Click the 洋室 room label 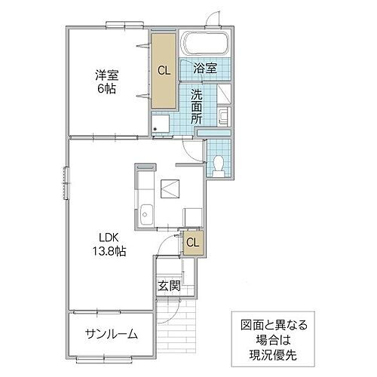tap(106, 75)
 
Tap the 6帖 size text tap(106, 88)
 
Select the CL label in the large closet tap(163, 70)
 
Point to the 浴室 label tap(205, 69)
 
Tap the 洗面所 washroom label tap(196, 108)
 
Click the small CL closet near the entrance tap(192, 243)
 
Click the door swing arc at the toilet tap(194, 149)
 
